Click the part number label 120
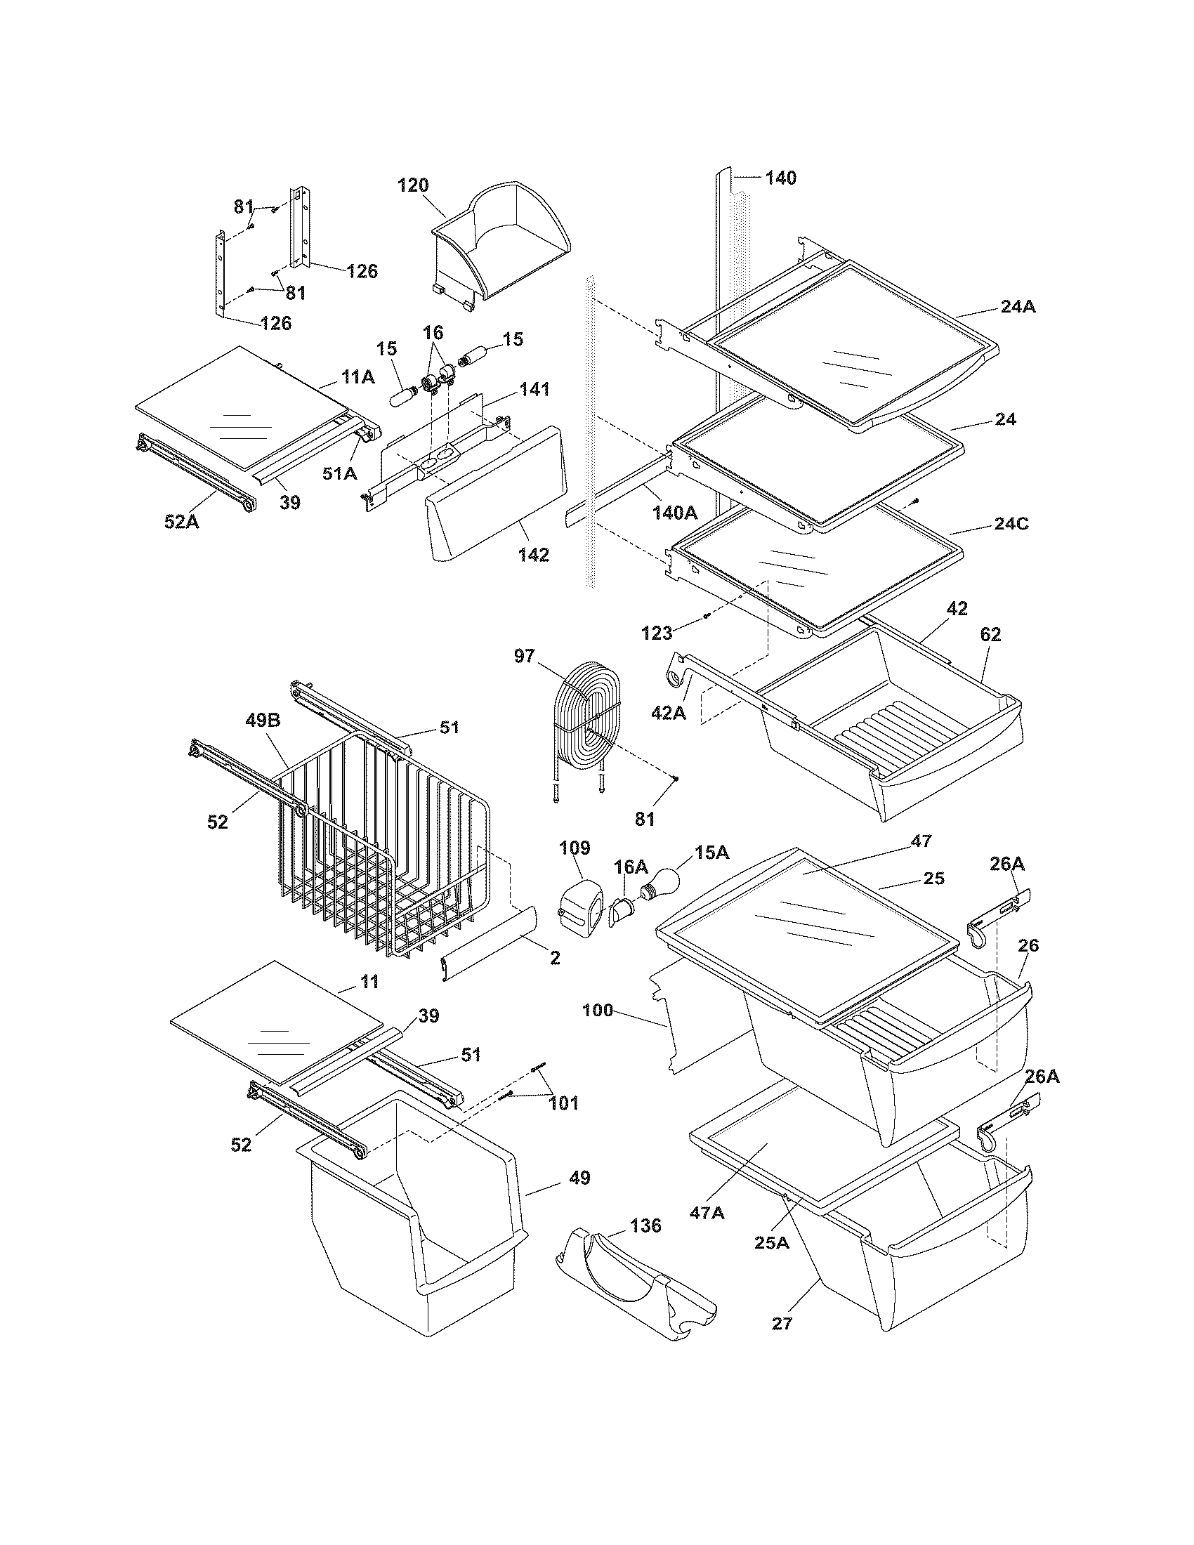coord(413,185)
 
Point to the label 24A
coord(1018,307)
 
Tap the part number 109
coord(575,848)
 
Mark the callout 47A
coord(707,1213)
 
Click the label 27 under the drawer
coord(782,1323)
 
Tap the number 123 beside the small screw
coord(657,633)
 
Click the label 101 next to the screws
coord(563,1103)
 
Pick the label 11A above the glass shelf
coord(357,377)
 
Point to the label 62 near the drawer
coord(990,635)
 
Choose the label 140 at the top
coord(780,178)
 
